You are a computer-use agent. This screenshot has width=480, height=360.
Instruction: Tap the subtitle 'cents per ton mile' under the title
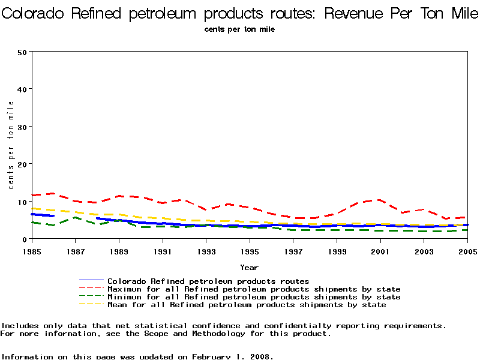tap(239, 29)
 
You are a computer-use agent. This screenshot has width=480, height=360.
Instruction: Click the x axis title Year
tap(249, 267)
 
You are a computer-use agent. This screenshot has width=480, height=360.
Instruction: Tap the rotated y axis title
tap(11, 145)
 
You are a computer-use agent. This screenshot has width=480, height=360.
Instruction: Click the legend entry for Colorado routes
tap(208, 281)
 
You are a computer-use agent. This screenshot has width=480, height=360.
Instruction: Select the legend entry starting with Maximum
tap(254, 289)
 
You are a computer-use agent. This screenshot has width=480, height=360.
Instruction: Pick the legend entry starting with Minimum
tap(254, 296)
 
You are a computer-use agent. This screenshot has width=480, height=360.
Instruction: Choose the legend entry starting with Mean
tap(247, 304)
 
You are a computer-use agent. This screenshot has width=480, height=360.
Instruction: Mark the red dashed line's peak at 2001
tap(379, 200)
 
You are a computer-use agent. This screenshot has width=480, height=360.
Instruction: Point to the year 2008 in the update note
tap(262, 356)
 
